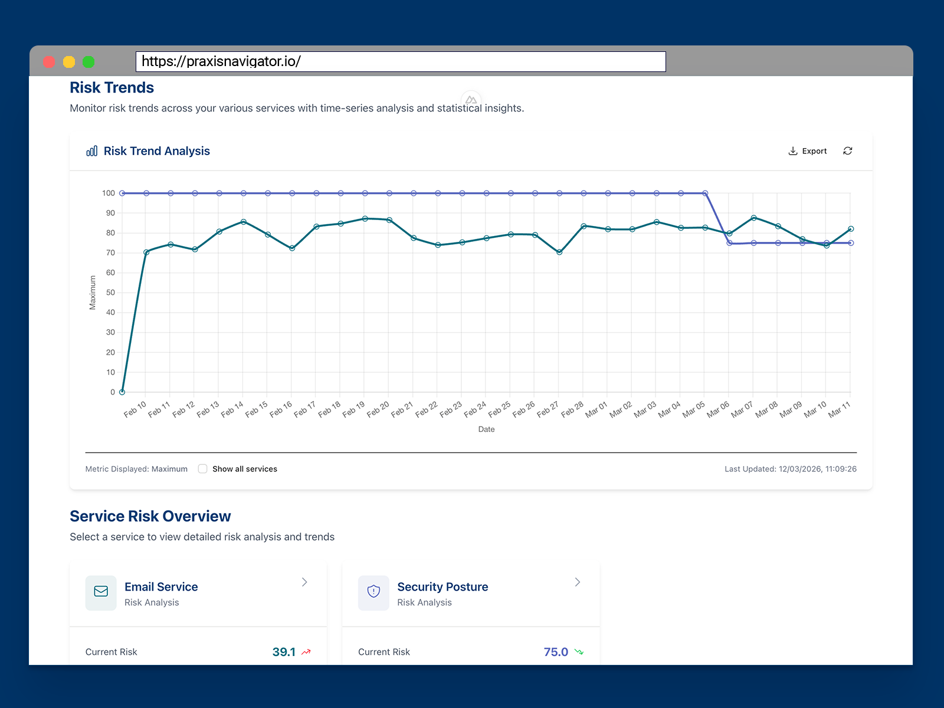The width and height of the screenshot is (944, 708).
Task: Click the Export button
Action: [x=808, y=151]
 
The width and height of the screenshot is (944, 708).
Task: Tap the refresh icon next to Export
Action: [x=848, y=151]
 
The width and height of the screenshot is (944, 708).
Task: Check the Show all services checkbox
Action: [x=203, y=469]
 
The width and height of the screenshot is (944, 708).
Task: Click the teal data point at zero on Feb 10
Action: [x=122, y=392]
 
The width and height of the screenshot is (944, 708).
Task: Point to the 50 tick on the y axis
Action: [x=110, y=293]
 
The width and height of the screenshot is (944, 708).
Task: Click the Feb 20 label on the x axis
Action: [x=378, y=409]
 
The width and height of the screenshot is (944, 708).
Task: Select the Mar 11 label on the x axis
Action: [x=839, y=409]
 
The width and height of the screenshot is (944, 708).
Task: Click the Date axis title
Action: [x=486, y=430]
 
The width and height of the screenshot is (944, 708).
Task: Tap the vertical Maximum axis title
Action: [x=93, y=293]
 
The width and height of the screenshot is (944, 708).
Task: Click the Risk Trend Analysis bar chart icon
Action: [x=92, y=151]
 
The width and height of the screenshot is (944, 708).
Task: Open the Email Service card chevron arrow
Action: [x=304, y=582]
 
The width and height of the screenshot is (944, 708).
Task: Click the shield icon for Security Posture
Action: [x=373, y=592]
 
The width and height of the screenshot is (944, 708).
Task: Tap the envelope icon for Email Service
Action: [x=101, y=592]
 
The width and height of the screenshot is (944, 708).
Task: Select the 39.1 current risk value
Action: [x=284, y=652]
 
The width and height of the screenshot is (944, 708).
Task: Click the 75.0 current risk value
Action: [x=556, y=652]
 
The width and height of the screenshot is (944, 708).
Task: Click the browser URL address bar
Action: [x=401, y=61]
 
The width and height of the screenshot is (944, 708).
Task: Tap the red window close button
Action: [x=50, y=62]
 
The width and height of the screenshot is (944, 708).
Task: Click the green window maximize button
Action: [x=88, y=62]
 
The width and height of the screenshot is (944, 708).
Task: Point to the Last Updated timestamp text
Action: [x=790, y=469]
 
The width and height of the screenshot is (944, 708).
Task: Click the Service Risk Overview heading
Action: [x=150, y=516]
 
